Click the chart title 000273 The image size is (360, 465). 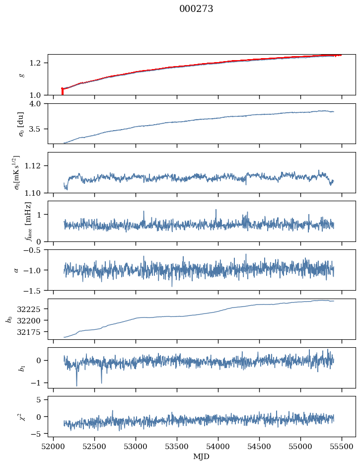(x=196, y=9)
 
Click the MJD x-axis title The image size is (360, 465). (x=202, y=457)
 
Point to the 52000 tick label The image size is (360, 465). (x=54, y=447)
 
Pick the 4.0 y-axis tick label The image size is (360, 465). (x=40, y=104)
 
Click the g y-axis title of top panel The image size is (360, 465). (x=21, y=75)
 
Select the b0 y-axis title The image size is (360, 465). (x=9, y=319)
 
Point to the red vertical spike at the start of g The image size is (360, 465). (x=62, y=92)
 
